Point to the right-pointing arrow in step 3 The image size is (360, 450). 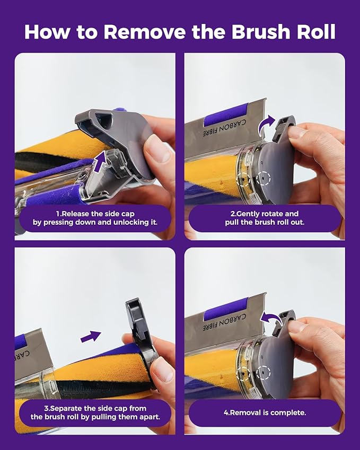click(x=91, y=337)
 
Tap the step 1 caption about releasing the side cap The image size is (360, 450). click(x=95, y=218)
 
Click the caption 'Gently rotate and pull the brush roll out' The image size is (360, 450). click(x=265, y=218)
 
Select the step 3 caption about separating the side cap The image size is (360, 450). click(x=95, y=412)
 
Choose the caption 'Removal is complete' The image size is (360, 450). click(x=265, y=413)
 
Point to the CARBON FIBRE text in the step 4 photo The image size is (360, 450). click(x=224, y=322)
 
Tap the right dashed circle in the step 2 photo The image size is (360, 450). click(x=264, y=179)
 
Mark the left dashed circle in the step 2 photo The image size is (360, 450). click(x=243, y=180)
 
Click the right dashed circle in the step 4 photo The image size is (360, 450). click(x=264, y=373)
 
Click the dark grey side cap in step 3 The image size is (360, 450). click(x=141, y=336)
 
